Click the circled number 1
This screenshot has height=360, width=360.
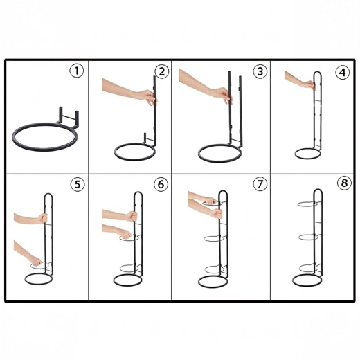tap(76, 71)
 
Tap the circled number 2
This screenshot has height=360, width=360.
tap(162, 71)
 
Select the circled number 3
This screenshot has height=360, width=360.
tap(260, 71)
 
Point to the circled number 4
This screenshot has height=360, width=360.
tap(343, 73)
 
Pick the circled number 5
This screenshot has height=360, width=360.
tap(78, 184)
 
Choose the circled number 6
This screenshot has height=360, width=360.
tap(161, 184)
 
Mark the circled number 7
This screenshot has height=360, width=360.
tap(260, 184)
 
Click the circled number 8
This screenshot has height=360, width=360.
tap(344, 183)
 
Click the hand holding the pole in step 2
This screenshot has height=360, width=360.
tap(147, 97)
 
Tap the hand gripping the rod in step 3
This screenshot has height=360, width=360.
tap(223, 95)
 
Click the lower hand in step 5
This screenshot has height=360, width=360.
tap(36, 261)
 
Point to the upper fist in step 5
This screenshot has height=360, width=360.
tap(43, 218)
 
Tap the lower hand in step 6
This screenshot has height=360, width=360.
tap(125, 234)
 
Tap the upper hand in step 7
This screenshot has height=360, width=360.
tap(209, 200)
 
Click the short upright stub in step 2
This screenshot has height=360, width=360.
tap(145, 138)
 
